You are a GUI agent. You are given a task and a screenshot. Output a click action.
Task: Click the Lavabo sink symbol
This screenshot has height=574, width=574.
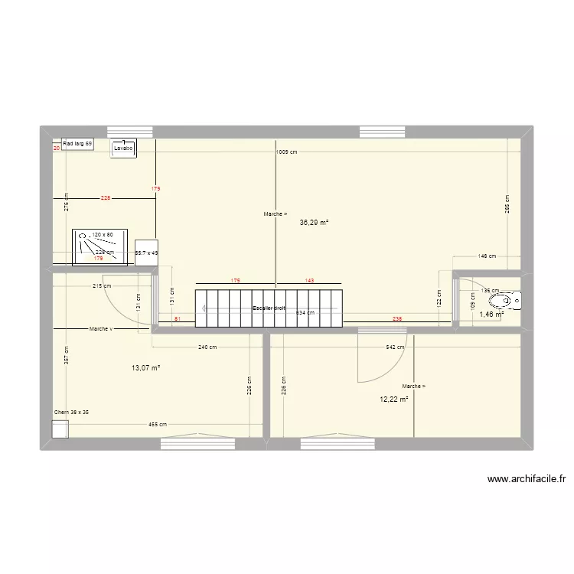(123, 148)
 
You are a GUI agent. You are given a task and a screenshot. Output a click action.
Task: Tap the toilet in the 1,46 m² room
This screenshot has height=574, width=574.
(517, 299)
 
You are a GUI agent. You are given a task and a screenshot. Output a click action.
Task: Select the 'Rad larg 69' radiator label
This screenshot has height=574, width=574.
(77, 144)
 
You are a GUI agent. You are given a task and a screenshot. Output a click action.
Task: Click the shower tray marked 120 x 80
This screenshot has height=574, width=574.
(93, 246)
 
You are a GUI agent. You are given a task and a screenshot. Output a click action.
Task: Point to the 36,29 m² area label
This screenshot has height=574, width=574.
(314, 223)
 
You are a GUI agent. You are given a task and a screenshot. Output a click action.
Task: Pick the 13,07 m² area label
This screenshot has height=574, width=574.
(145, 368)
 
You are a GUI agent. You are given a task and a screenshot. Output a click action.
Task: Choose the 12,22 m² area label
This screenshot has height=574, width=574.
(393, 400)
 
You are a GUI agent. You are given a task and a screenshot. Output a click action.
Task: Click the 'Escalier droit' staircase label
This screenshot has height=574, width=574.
(269, 308)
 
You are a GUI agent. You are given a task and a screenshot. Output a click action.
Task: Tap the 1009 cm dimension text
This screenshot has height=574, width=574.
(287, 152)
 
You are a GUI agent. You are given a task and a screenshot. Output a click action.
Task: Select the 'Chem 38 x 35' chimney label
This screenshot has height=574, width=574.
(71, 413)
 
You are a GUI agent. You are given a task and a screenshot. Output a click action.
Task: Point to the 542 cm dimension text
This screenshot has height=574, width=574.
(395, 347)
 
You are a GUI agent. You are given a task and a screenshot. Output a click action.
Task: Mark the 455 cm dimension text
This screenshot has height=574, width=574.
(158, 424)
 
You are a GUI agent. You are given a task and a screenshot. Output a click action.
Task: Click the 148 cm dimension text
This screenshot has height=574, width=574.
(487, 256)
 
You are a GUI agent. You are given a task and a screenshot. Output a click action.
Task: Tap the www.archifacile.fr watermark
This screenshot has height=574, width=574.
(527, 480)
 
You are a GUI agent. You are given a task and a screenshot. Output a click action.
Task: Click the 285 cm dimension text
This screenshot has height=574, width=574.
(507, 204)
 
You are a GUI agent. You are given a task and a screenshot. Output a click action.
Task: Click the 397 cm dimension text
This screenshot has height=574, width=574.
(67, 356)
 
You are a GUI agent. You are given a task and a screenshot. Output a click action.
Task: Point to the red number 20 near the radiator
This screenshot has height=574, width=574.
(56, 148)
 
